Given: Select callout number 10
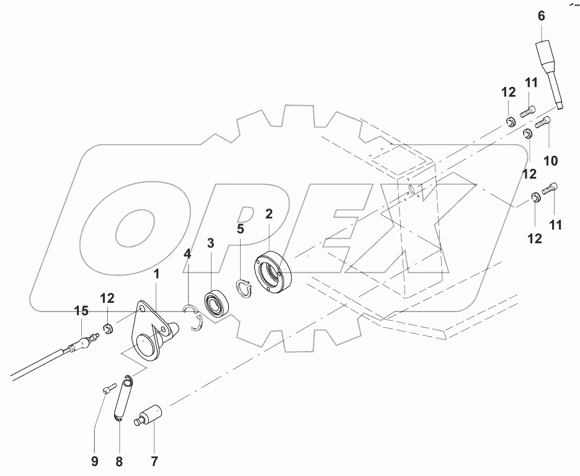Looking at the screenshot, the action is tap(550, 161).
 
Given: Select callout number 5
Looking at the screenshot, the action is tap(240, 229).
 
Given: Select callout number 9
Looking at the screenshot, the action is tap(95, 462).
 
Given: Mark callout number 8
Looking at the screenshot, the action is tap(120, 462).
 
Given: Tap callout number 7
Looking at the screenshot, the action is tap(153, 462).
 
